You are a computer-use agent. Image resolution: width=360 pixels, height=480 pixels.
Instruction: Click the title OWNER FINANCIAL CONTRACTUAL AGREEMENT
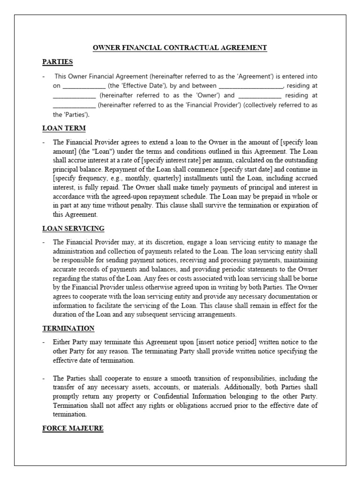(180, 47)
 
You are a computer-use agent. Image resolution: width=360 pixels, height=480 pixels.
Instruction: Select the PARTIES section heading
(57, 61)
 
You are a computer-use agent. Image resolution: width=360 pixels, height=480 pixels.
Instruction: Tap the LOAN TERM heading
(64, 127)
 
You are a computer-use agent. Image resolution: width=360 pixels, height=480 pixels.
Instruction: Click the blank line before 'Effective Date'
(84, 86)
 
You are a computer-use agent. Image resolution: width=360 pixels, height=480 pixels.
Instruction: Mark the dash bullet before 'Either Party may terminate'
(44, 342)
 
